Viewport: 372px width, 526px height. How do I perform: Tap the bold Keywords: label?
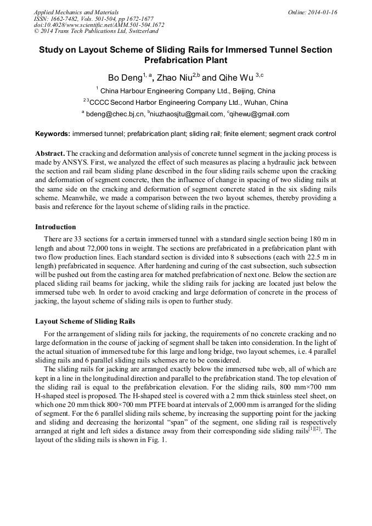tap(53, 134)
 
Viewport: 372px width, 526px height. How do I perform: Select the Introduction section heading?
tap(55, 227)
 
